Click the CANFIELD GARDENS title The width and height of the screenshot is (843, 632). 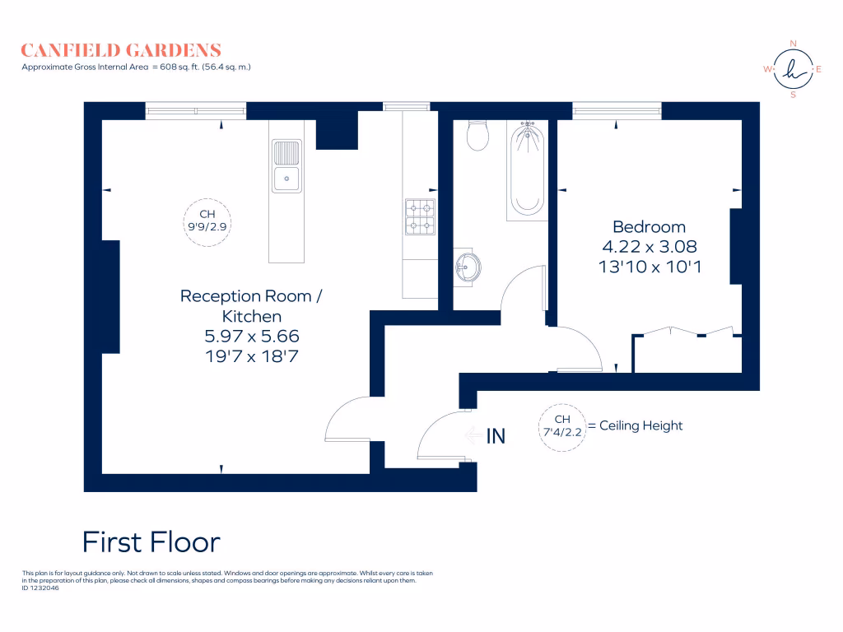121,50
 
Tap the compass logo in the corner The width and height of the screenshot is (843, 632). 793,69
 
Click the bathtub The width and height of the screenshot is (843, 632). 526,170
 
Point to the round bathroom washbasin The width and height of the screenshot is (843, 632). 469,266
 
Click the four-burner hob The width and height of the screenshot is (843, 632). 419,216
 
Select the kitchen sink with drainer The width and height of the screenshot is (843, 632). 286,166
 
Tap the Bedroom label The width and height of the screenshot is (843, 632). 649,227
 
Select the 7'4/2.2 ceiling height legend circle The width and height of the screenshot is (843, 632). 561,426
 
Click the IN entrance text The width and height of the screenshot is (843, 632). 496,437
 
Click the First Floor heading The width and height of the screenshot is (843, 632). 151,542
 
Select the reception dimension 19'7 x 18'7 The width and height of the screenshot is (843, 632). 251,355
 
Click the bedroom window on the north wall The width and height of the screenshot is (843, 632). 617,110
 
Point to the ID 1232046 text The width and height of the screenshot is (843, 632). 40,588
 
